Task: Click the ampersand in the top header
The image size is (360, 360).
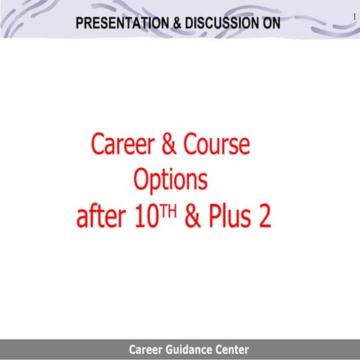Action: (177, 23)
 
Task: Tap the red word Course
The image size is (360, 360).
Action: (213, 144)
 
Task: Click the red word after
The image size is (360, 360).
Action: (101, 217)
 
